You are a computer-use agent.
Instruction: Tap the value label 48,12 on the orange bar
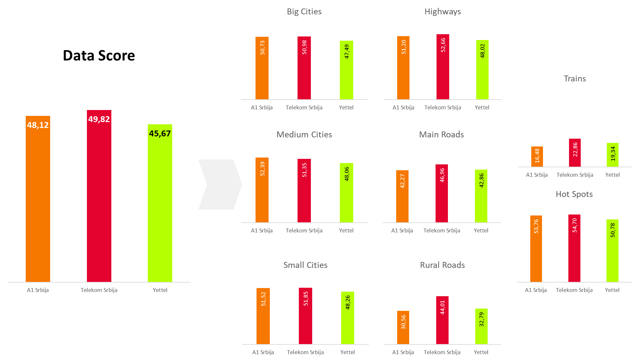click(x=38, y=125)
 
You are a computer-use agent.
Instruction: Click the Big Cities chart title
click(x=304, y=12)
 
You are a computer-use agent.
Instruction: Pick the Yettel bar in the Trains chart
click(x=612, y=155)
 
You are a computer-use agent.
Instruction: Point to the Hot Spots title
click(x=574, y=194)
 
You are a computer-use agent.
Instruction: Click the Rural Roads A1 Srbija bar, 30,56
click(x=403, y=327)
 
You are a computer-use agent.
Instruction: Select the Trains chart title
click(x=575, y=79)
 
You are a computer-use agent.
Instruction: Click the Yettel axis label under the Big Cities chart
click(x=346, y=107)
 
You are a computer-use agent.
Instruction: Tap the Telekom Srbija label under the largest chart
click(x=99, y=290)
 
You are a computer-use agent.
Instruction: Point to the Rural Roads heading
click(x=442, y=265)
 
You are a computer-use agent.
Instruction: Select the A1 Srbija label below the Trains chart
click(x=536, y=175)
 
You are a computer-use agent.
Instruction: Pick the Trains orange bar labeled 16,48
click(x=537, y=157)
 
